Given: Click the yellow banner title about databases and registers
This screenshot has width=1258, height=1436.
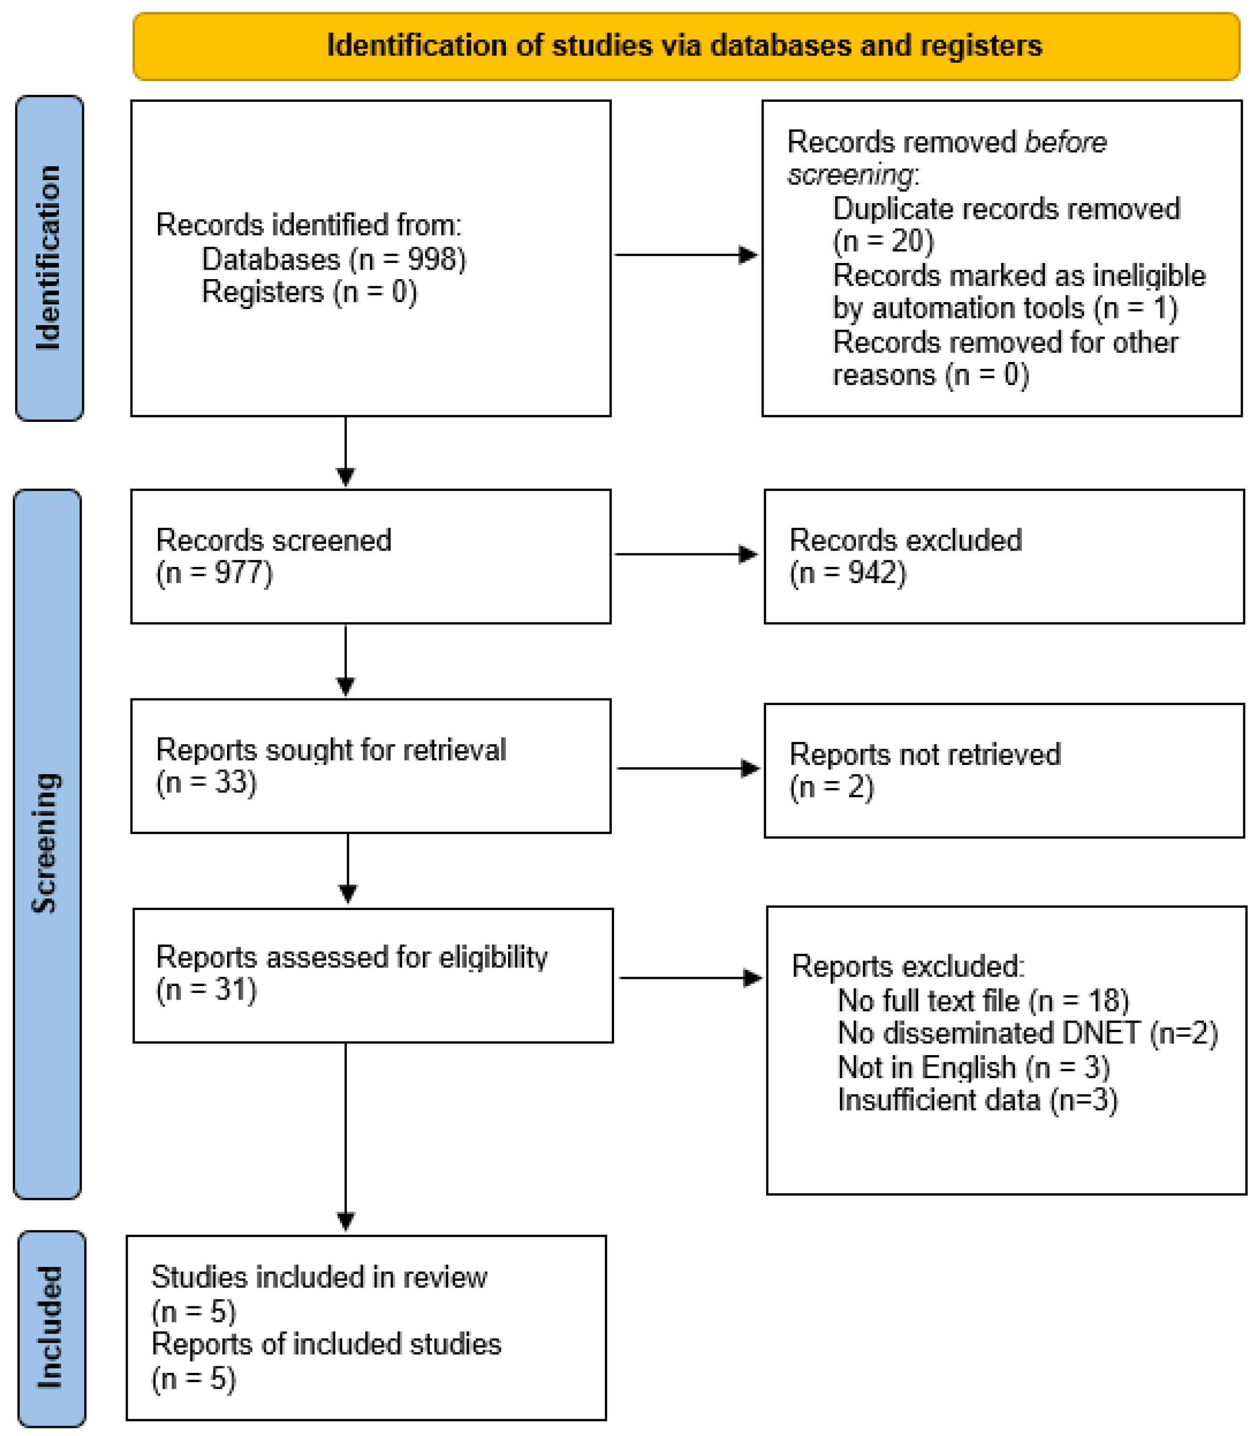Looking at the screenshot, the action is (x=684, y=46).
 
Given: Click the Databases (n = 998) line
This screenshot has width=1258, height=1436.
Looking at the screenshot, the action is (x=334, y=260).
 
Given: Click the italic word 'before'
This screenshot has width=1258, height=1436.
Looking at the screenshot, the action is (x=1066, y=142).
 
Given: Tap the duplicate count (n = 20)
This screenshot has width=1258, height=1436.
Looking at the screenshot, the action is (x=883, y=241).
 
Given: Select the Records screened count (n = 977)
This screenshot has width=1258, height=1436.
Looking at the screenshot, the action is (x=214, y=573).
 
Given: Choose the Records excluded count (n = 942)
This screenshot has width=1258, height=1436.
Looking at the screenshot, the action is (x=848, y=573).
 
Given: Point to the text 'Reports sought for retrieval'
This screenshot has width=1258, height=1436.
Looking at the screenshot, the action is (x=331, y=750).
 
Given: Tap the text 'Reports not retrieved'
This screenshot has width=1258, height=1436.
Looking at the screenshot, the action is (x=925, y=755).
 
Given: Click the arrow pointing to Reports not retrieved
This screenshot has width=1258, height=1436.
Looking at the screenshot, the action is (x=689, y=769).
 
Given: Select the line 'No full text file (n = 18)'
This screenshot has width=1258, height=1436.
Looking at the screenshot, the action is (x=984, y=1001).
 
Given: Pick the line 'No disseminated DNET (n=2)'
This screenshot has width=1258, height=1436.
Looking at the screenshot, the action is (x=1028, y=1034).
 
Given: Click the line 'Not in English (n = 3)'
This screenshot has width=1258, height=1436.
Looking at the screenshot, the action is (x=974, y=1067).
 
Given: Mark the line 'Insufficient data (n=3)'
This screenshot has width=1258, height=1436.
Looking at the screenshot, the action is (x=978, y=1100).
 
